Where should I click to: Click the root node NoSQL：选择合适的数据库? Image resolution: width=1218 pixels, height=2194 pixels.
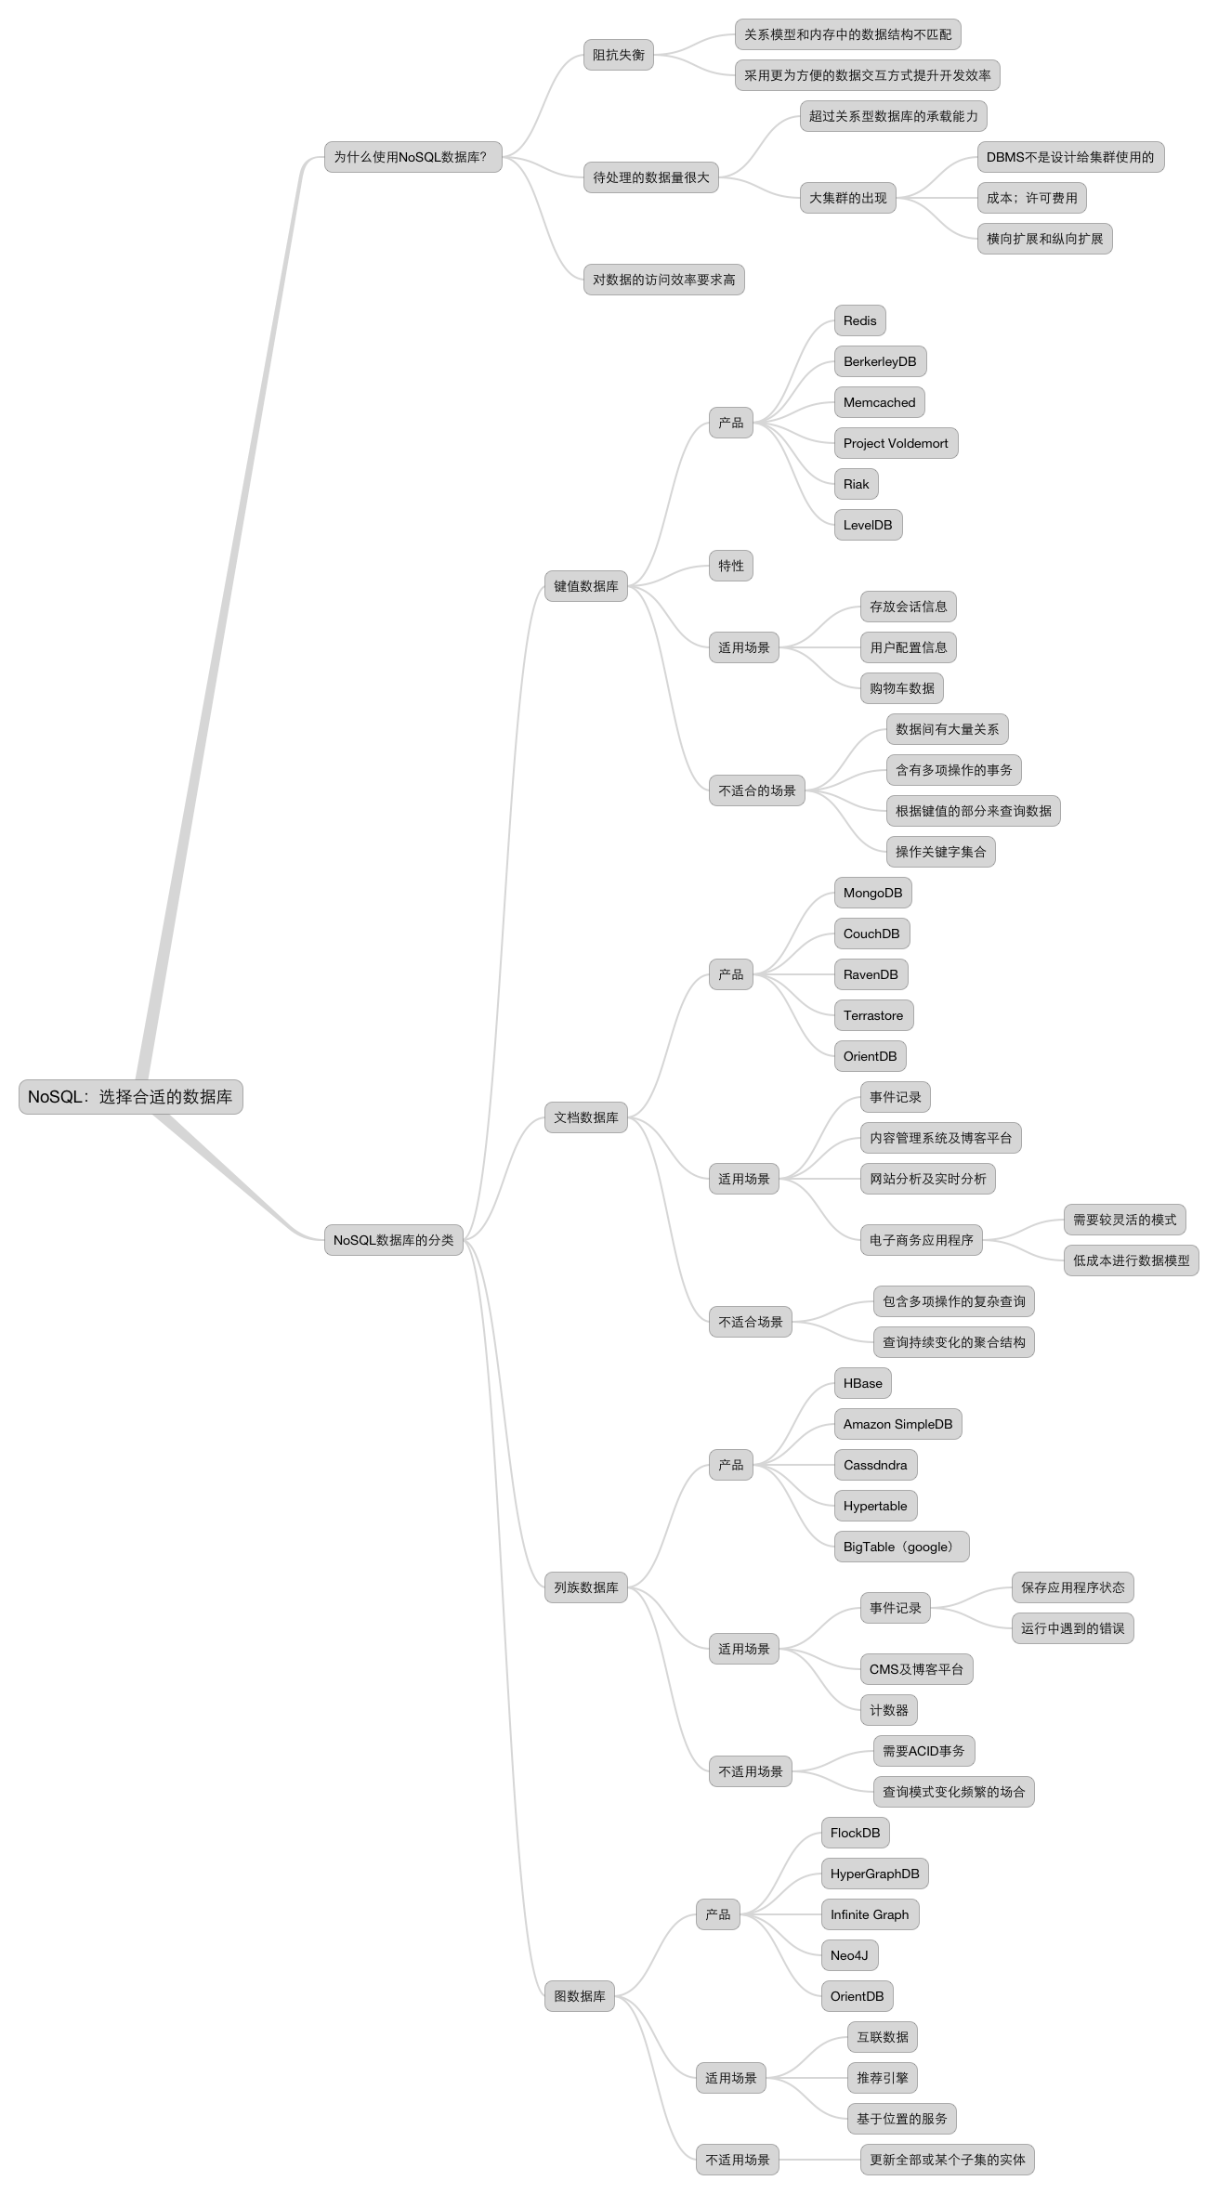130,1097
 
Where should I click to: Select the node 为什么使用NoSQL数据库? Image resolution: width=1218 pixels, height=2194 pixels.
413,157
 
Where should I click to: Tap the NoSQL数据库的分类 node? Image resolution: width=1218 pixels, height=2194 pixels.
394,1240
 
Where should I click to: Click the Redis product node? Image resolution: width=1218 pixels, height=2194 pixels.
860,320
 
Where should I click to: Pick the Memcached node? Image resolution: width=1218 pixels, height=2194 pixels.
880,402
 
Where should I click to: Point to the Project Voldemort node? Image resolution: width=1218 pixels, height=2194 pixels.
896,443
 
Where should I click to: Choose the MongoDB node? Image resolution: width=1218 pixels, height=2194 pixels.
873,893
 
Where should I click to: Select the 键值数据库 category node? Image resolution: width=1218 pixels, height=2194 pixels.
586,586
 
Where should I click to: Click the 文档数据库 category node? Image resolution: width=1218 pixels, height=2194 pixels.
586,1117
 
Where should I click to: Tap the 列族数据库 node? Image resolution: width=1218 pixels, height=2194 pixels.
586,1587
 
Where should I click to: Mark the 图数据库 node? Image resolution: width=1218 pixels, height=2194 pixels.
580,1996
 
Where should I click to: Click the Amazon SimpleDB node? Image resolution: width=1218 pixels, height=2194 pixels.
897,1424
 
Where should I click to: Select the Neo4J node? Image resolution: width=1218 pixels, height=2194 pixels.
850,1955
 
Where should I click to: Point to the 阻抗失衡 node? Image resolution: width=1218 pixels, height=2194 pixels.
619,55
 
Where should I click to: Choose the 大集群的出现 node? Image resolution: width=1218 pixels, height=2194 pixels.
848,198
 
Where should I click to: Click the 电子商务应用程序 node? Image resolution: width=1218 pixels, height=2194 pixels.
922,1240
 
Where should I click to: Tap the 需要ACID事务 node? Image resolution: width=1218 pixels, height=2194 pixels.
923,1751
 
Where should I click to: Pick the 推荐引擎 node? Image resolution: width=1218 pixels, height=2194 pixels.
883,2078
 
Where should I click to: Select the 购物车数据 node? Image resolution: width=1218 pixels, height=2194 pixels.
902,688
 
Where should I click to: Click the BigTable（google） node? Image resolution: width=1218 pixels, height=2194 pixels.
901,1547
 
